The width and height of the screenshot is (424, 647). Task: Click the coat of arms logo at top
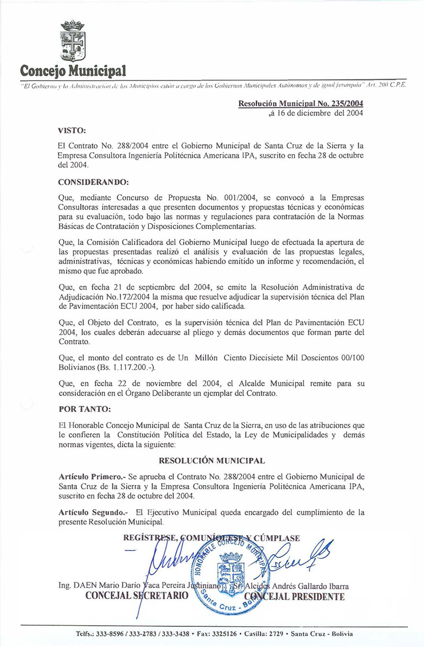click(73, 41)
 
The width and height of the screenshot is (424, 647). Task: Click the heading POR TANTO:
click(85, 409)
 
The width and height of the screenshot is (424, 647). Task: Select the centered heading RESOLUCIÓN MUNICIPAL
click(212, 461)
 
